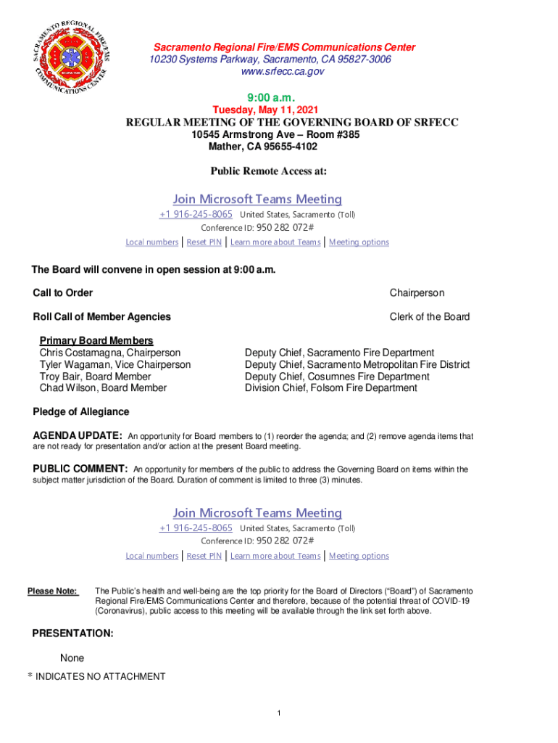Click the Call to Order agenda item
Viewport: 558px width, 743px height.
point(63,293)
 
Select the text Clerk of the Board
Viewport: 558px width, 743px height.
point(429,316)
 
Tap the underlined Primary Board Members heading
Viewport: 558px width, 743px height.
point(96,341)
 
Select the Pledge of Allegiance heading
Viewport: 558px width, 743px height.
point(81,412)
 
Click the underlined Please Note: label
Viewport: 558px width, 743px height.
point(53,591)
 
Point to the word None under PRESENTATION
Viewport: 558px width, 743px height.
point(72,658)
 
